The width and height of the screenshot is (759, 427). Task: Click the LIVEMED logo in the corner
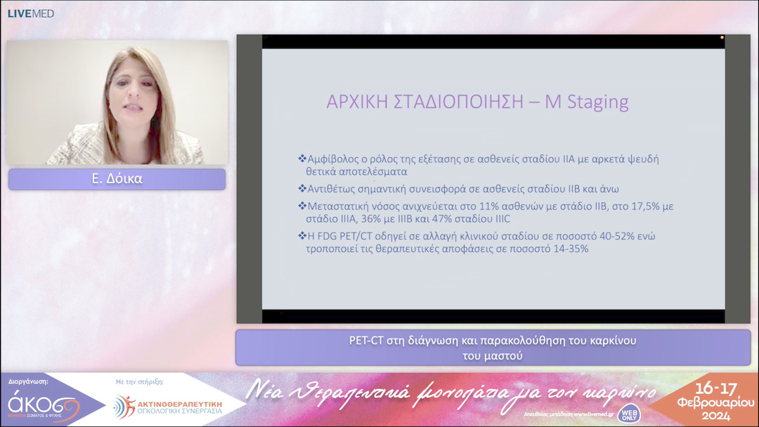click(x=30, y=13)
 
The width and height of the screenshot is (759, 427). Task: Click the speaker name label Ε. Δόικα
click(x=117, y=179)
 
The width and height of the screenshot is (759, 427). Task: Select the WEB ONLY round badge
click(x=628, y=414)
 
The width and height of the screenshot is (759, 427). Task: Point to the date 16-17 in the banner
click(x=713, y=388)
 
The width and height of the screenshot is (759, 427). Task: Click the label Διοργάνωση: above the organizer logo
click(x=29, y=382)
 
